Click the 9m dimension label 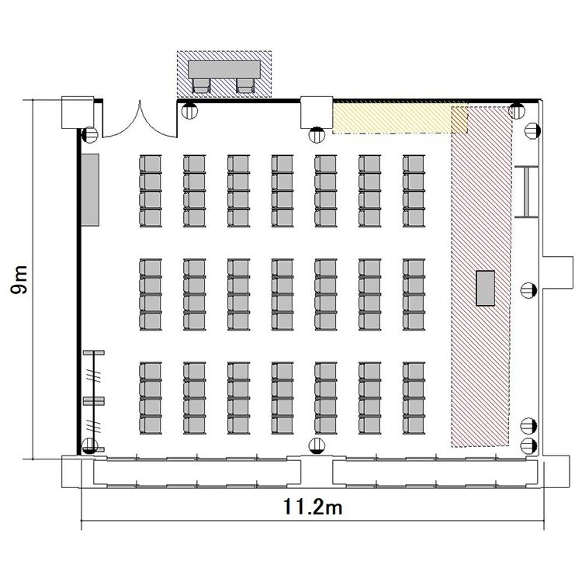click(x=19, y=279)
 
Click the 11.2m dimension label click(x=313, y=507)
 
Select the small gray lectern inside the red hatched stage click(x=486, y=288)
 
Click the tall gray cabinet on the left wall click(x=90, y=189)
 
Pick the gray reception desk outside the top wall click(x=224, y=69)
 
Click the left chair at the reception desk click(x=202, y=85)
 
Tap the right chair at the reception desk click(x=246, y=85)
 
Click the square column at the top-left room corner click(x=78, y=113)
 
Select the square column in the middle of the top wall click(x=317, y=113)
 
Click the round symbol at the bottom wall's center click(x=317, y=445)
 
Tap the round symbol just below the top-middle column click(x=317, y=135)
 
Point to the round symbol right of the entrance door click(x=189, y=111)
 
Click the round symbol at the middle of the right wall click(x=528, y=290)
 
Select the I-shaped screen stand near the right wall click(x=526, y=192)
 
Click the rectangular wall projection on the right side click(x=558, y=272)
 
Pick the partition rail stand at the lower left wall click(x=94, y=401)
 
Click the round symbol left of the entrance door click(x=90, y=135)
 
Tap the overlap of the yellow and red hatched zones click(x=459, y=120)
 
